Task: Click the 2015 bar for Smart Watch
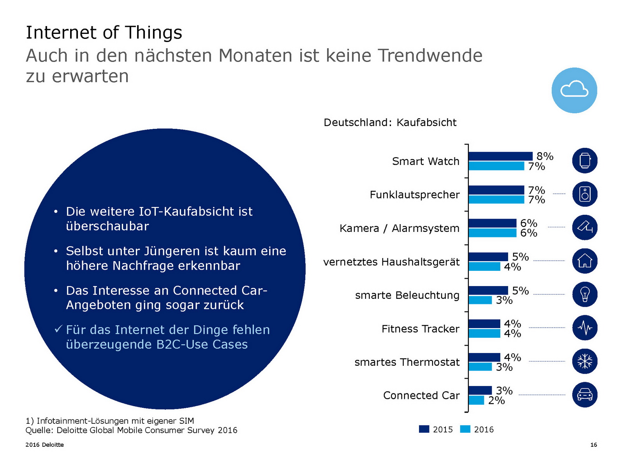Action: tap(500, 156)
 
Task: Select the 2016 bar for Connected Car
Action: tap(476, 400)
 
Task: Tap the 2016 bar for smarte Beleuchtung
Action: tap(480, 300)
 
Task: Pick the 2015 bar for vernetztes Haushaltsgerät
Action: tap(488, 257)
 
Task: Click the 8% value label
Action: tap(545, 156)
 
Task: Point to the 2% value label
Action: tap(496, 400)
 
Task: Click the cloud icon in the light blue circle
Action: tap(574, 90)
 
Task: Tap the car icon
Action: tap(585, 395)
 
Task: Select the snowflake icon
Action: tap(585, 361)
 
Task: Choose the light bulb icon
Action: tap(585, 294)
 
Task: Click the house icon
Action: tap(585, 261)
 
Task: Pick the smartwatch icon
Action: tap(585, 160)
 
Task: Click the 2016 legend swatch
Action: tap(465, 429)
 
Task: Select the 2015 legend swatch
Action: tap(424, 429)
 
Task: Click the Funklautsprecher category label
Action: tap(415, 195)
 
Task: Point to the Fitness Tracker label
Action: tap(421, 329)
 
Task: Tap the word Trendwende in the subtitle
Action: tap(430, 56)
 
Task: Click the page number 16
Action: tap(593, 445)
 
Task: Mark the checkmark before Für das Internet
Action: tap(58, 329)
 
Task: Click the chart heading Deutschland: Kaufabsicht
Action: tap(390, 123)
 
